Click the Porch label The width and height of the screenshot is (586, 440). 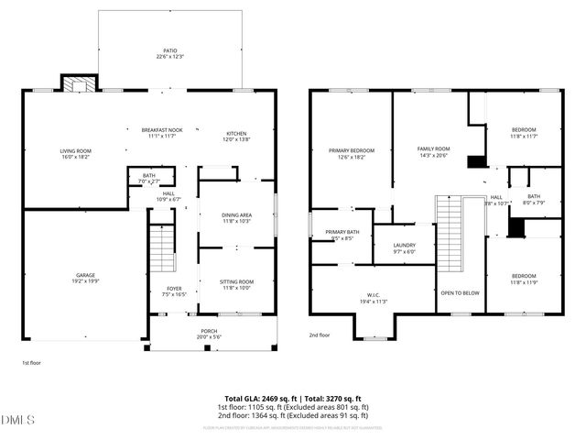(x=210, y=334)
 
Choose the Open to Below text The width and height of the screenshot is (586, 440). (x=460, y=293)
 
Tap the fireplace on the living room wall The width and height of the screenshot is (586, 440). (x=73, y=83)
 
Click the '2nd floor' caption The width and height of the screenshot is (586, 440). (x=320, y=335)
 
